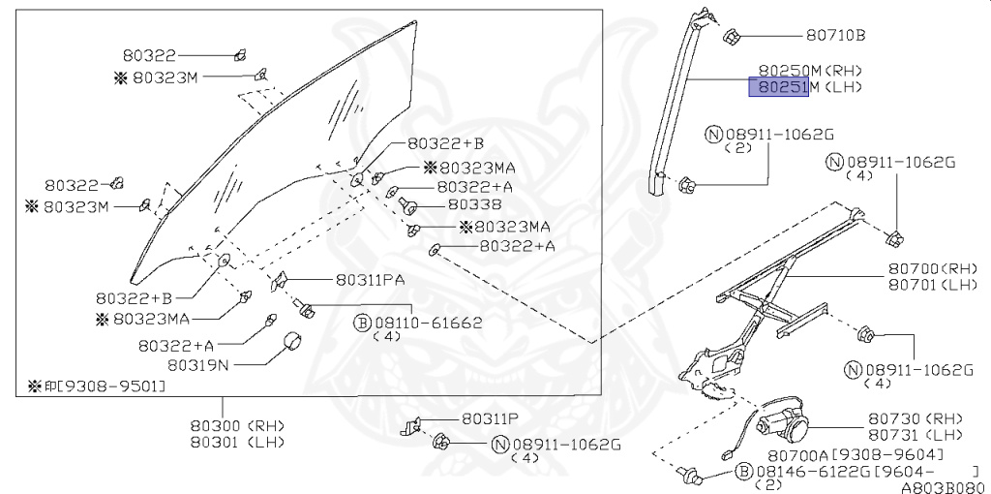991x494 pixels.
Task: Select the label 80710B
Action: point(835,36)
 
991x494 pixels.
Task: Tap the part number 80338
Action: point(474,205)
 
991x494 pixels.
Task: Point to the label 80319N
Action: point(198,365)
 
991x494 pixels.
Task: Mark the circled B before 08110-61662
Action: point(362,323)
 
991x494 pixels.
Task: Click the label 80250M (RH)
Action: point(809,71)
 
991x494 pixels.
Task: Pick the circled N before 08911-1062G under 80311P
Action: point(500,445)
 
